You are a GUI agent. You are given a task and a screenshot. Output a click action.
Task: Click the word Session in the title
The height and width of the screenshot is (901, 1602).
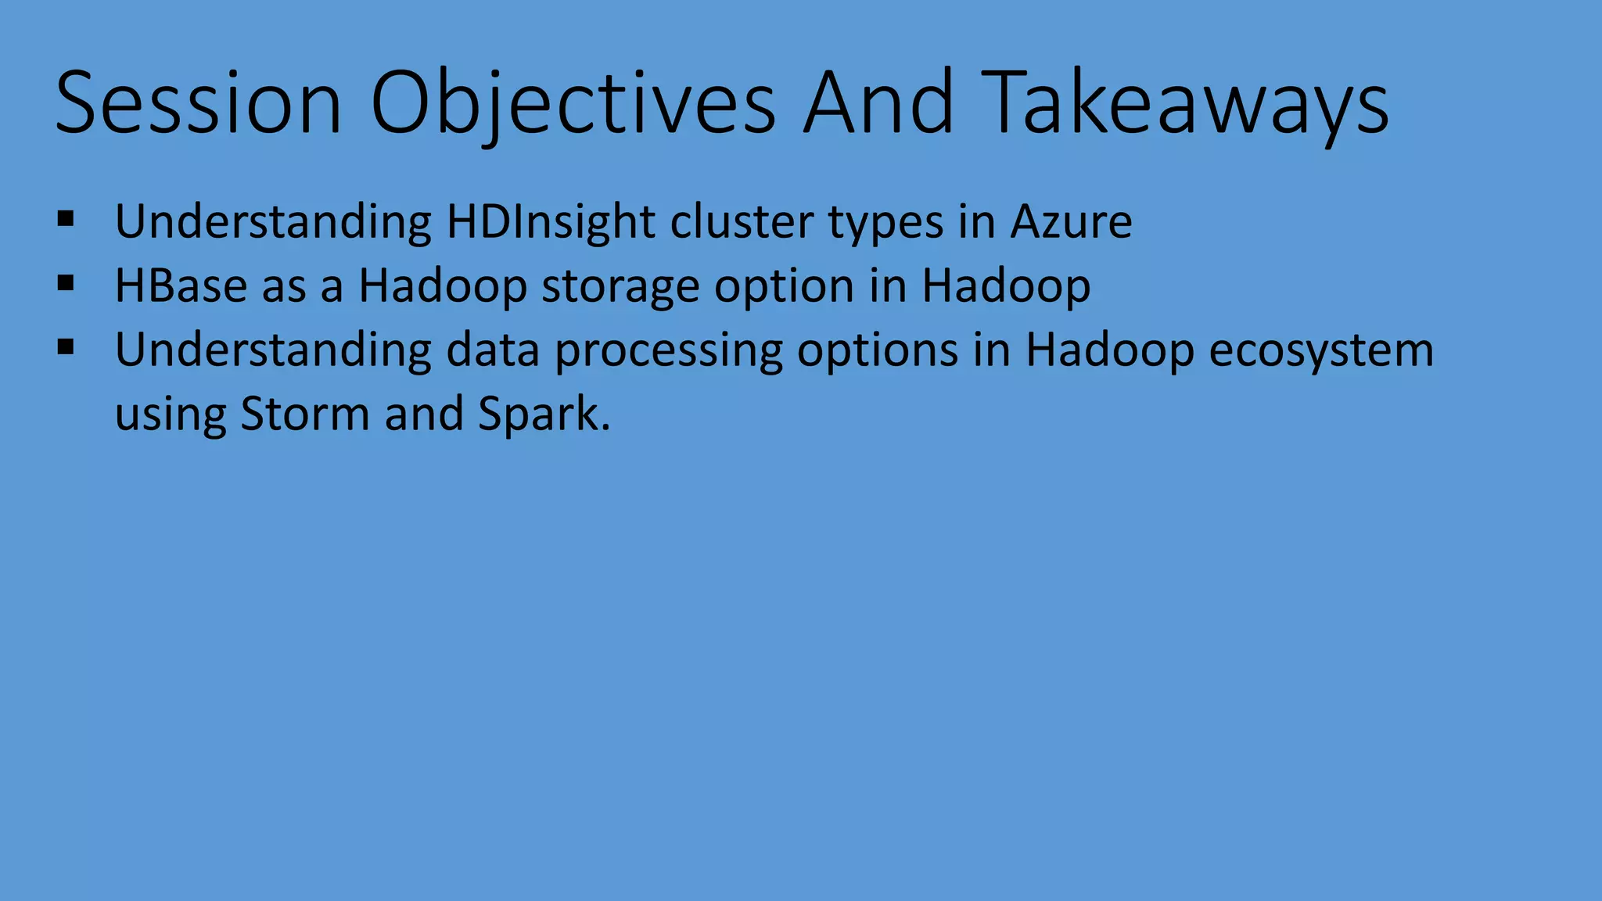coord(199,102)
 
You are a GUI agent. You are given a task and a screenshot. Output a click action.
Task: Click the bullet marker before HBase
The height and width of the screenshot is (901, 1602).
coord(66,282)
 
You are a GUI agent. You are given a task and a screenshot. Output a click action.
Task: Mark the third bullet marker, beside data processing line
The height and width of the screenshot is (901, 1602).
coord(66,346)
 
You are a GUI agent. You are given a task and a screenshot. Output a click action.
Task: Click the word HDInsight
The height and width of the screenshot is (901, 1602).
coord(551,222)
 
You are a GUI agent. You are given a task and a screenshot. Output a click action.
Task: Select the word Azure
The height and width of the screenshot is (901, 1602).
coord(1071,222)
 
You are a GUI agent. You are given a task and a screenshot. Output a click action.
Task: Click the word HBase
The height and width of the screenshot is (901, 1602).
coord(181,286)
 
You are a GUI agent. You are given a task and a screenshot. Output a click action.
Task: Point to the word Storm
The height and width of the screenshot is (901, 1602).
coord(304,414)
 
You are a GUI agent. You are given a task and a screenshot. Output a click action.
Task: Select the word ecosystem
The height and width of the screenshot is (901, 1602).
coord(1321,350)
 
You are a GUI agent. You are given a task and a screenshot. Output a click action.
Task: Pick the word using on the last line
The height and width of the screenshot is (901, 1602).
coord(171,415)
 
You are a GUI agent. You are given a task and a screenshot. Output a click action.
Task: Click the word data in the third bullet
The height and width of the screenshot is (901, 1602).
coord(493,350)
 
